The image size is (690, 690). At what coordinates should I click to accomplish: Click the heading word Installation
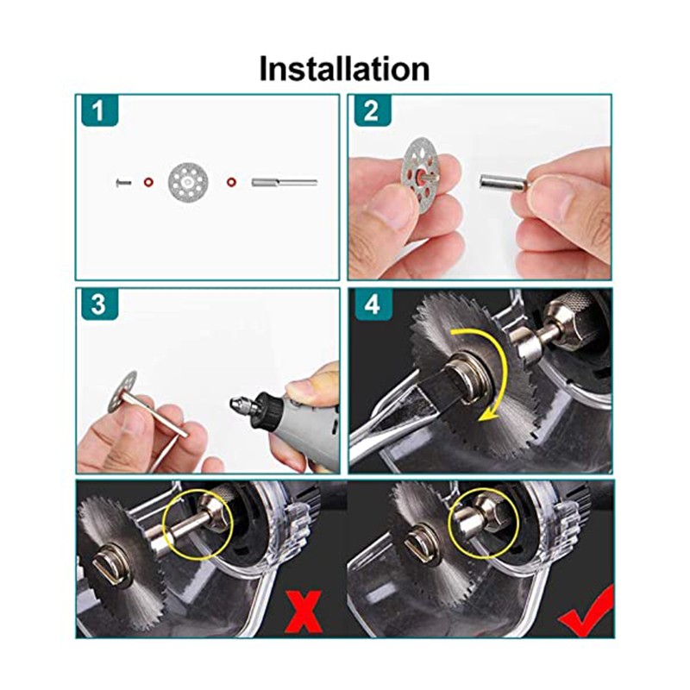click(x=344, y=69)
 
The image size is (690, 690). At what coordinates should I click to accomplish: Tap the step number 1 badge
click(x=99, y=110)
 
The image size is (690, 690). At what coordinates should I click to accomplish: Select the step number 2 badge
click(x=372, y=110)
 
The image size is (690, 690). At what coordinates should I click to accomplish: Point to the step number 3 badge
click(x=99, y=304)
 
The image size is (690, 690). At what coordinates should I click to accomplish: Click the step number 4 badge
click(x=372, y=304)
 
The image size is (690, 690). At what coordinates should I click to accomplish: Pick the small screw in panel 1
click(x=123, y=182)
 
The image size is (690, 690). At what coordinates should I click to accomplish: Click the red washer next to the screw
click(x=148, y=182)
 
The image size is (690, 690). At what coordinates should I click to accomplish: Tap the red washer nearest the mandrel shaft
click(x=230, y=182)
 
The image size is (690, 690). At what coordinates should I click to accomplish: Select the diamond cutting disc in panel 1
click(x=188, y=182)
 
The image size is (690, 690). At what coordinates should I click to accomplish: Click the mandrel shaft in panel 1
click(x=285, y=182)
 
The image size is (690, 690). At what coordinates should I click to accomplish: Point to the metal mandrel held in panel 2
click(x=503, y=183)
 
